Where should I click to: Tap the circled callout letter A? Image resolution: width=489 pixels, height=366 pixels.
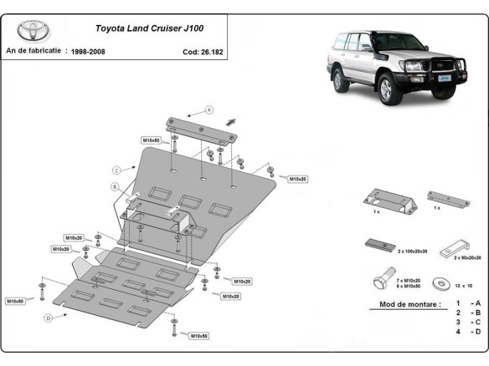point(209,109)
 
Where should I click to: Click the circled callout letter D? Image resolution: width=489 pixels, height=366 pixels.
point(49,318)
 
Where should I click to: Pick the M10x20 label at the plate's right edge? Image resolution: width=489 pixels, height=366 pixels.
point(298,179)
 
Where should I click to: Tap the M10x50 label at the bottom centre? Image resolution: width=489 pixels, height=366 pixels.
point(198,336)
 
